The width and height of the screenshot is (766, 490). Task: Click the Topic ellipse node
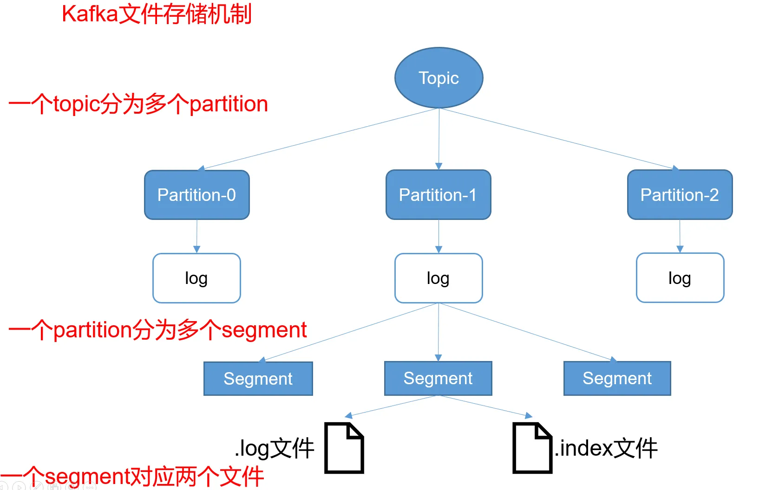coord(439,78)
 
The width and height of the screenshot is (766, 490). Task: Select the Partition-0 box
coord(197,195)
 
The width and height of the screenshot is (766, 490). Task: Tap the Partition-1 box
coord(439,195)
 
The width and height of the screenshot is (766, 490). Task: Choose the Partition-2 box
coord(680,195)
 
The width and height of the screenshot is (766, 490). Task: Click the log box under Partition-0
coord(196,278)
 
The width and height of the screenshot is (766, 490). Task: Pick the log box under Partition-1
coord(439,278)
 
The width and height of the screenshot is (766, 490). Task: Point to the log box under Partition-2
coord(680,278)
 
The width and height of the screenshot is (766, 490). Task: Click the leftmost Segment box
coord(258,379)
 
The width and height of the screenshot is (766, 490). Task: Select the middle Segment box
coord(438,378)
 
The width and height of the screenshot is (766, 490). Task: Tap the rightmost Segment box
coord(617,378)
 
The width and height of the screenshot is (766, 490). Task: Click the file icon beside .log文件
coord(344,448)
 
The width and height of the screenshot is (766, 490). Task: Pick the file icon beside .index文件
coord(532,448)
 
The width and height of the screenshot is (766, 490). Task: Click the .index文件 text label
coord(606,448)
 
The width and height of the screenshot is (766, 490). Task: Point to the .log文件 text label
coord(274,448)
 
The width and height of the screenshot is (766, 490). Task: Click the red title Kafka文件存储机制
coord(157,14)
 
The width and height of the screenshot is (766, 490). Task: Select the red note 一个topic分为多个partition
coord(138,104)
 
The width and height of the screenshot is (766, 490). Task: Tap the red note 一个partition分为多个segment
coord(157,330)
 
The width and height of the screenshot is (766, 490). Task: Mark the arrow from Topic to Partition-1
coord(439,139)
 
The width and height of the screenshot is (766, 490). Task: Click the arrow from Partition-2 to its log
coord(680,236)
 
